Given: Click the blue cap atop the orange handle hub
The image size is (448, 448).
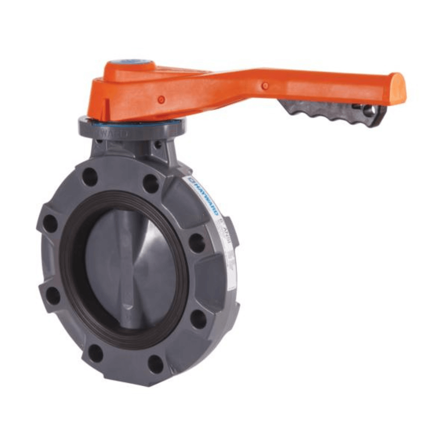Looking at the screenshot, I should tap(138, 63).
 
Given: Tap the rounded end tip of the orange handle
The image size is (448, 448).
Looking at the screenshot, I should tap(398, 88).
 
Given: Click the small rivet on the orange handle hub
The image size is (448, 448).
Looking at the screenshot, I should tap(161, 100).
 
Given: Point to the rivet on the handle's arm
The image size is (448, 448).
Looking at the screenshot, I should tap(265, 86).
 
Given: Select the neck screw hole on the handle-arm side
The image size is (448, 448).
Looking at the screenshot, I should tap(158, 145).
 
